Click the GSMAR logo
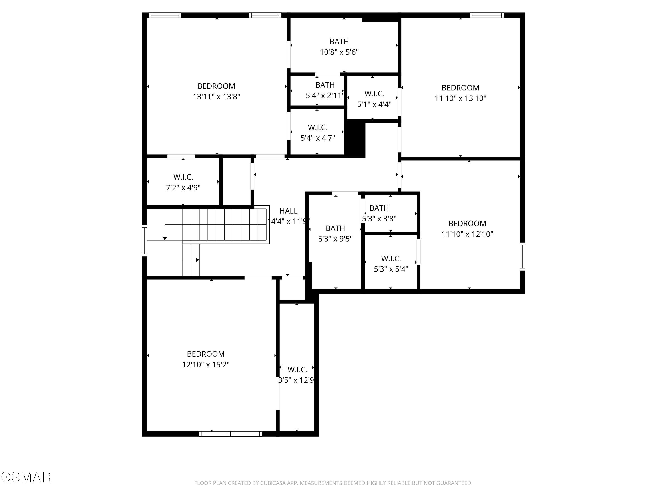coord(26,477)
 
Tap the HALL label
coord(288,211)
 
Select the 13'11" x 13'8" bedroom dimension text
coord(217,97)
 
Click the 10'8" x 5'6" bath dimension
coord(339,52)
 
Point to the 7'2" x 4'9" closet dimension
coord(183,188)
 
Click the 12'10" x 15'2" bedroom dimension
coord(206,365)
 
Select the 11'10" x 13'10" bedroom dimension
coord(460,98)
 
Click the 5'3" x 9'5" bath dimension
coord(335,239)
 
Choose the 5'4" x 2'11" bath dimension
coord(325,96)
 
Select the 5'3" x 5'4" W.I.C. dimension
coord(391,269)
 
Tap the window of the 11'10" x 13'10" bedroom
coord(487,15)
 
